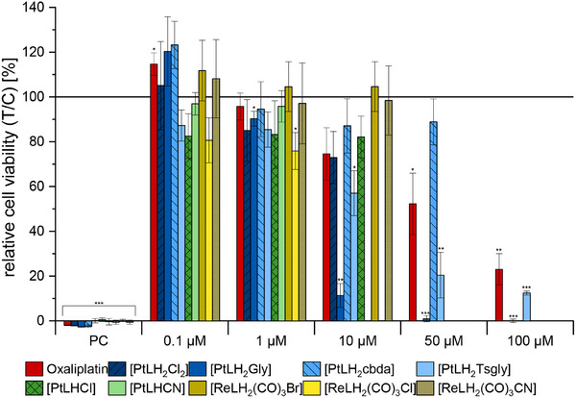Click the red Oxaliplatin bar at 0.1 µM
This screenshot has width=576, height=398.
154,192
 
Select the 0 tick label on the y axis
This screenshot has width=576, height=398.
45,321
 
